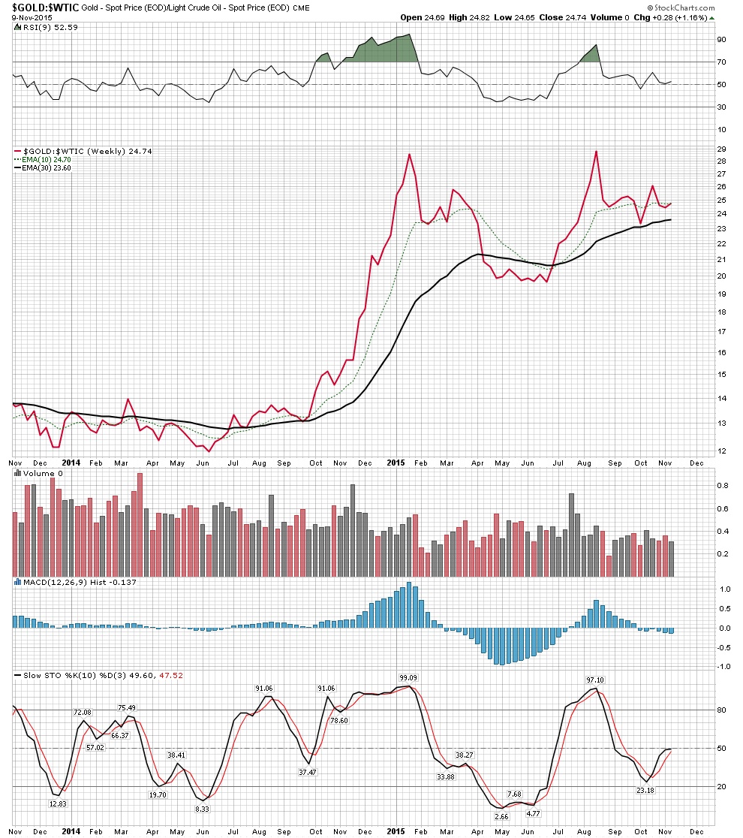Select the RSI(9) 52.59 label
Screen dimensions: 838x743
pyautogui.click(x=46, y=28)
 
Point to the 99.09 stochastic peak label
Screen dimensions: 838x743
pyautogui.click(x=408, y=678)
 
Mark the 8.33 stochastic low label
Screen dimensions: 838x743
pyautogui.click(x=201, y=809)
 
